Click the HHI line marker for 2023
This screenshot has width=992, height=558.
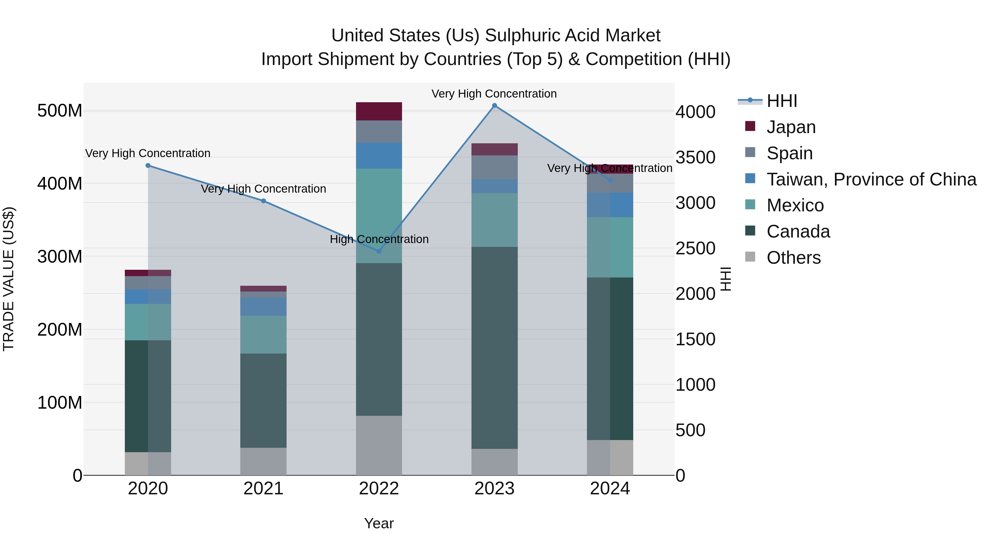(x=494, y=106)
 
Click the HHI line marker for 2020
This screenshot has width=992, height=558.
(x=148, y=166)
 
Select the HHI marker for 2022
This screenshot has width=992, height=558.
(x=379, y=251)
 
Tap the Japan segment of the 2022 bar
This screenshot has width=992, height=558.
(x=379, y=111)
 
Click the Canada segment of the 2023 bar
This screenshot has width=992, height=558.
(x=494, y=347)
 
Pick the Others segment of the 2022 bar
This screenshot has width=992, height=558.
(x=379, y=445)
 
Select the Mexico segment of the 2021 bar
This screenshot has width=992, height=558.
(x=263, y=334)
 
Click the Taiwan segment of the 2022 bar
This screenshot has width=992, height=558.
(x=379, y=156)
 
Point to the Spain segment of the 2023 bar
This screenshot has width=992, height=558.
(x=494, y=167)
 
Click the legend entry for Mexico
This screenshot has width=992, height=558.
(x=795, y=205)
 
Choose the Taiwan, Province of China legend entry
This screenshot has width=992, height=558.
(x=871, y=179)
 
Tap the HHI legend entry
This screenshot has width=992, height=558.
(x=782, y=101)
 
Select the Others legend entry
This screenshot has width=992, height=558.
(x=793, y=258)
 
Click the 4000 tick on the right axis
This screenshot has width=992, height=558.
(x=696, y=112)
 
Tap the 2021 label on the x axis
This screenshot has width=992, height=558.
(x=263, y=489)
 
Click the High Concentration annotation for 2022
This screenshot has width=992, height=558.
(x=379, y=239)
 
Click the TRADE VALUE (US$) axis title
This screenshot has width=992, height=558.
(x=9, y=279)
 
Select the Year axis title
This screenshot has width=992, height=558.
(x=379, y=523)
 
